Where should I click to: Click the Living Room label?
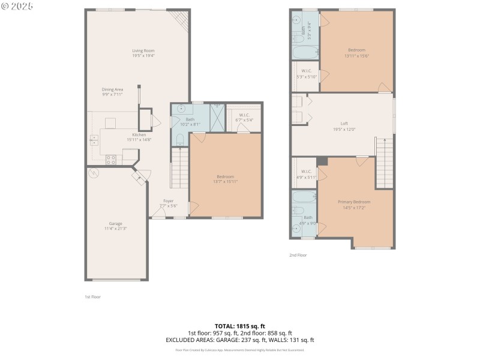pyautogui.click(x=143, y=50)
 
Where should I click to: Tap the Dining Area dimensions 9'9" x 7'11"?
pyautogui.click(x=112, y=94)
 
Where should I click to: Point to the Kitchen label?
pyautogui.click(x=139, y=134)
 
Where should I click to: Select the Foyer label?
pyautogui.click(x=168, y=201)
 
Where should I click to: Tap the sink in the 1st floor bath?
pyautogui.click(x=180, y=110)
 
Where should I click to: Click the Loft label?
pyautogui.click(x=344, y=124)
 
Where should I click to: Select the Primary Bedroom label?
pyautogui.click(x=356, y=202)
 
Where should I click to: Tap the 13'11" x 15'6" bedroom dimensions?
pyautogui.click(x=356, y=55)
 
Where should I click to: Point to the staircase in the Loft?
pyautogui.click(x=384, y=162)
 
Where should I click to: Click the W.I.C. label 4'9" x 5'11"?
pyautogui.click(x=305, y=177)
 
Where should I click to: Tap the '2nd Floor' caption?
pyautogui.click(x=298, y=255)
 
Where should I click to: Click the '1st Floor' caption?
pyautogui.click(x=92, y=296)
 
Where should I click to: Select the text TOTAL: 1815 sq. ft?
pyautogui.click(x=239, y=326)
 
